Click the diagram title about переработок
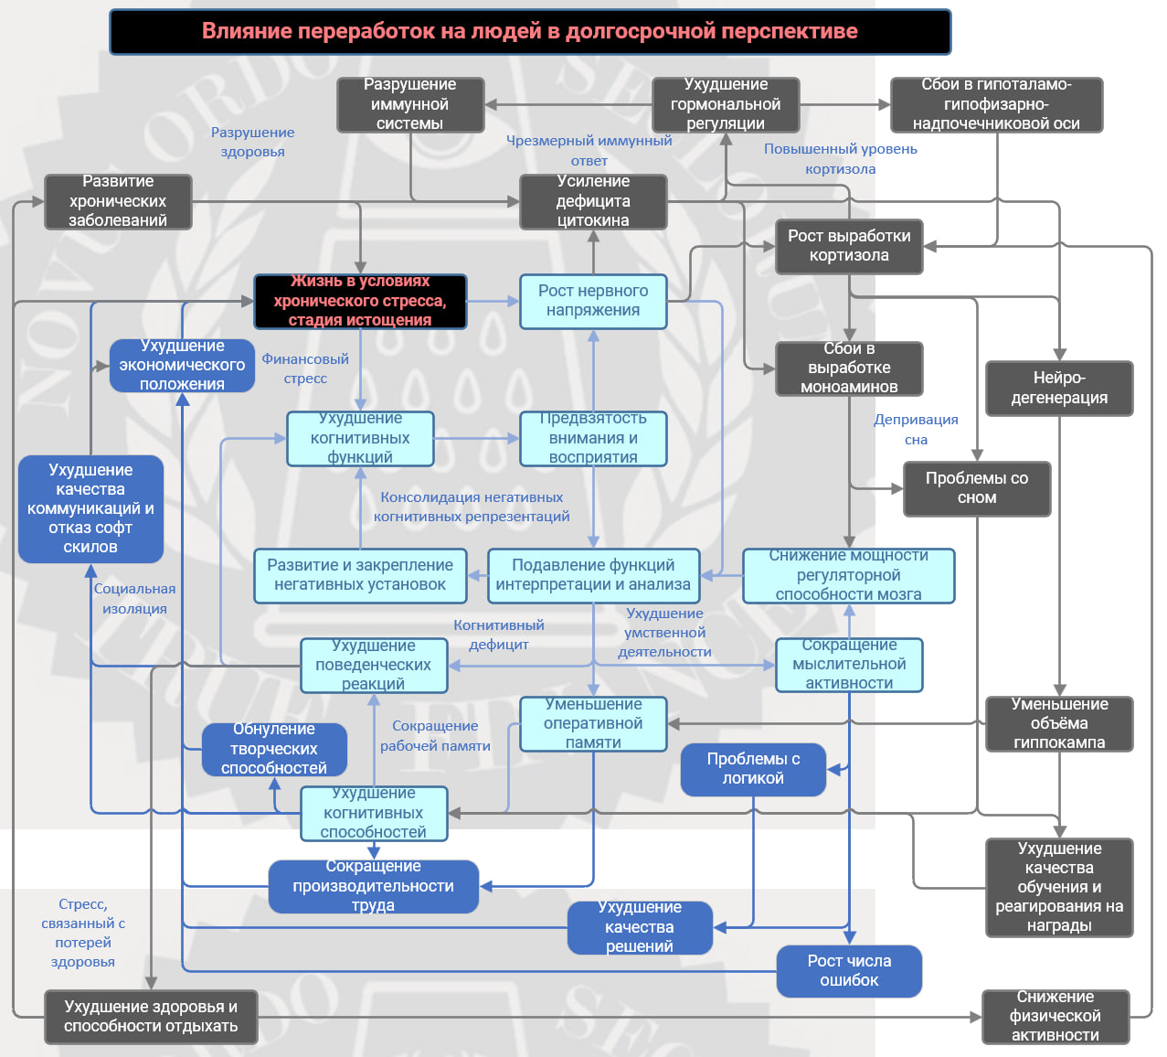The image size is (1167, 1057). [529, 31]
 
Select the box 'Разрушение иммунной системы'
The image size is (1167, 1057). [409, 104]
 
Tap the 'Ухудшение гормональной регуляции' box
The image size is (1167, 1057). [726, 104]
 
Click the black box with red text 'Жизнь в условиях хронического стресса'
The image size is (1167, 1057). [360, 301]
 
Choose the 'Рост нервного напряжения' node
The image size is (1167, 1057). [593, 301]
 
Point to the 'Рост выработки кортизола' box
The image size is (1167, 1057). [849, 246]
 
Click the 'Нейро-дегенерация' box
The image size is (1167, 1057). [1059, 388]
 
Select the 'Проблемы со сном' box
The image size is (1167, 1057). [976, 488]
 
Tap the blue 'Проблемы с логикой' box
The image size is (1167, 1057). [753, 769]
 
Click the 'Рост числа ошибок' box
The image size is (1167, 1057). [849, 971]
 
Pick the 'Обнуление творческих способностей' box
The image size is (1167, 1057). [274, 749]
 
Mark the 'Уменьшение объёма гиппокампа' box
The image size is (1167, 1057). [1059, 723]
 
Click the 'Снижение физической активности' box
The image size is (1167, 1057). [1055, 1016]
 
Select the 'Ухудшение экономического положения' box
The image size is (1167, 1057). [182, 365]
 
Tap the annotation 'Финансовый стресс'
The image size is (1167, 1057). [305, 368]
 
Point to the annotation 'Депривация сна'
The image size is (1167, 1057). [916, 430]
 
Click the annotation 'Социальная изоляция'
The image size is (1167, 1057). [134, 599]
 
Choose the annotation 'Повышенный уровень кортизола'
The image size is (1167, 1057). [840, 159]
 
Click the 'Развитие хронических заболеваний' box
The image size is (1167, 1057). [118, 201]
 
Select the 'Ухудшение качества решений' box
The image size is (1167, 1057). [639, 927]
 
